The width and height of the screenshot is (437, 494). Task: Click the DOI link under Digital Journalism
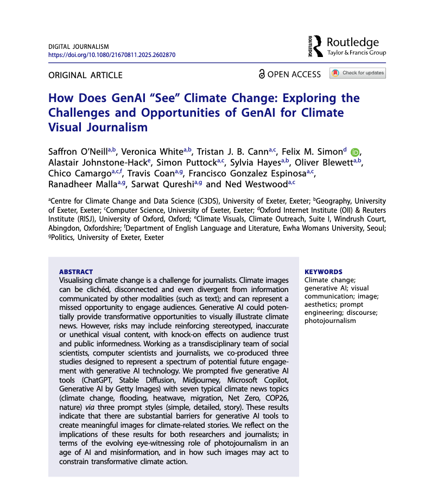[112, 55]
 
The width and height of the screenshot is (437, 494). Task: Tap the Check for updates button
[358, 73]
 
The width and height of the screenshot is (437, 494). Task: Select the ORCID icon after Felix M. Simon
[355, 151]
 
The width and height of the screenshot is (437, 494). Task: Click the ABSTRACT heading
[75, 272]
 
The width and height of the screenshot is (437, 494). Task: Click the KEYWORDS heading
[324, 272]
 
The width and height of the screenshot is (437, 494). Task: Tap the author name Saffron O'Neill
[78, 151]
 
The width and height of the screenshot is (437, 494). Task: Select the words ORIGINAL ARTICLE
[85, 75]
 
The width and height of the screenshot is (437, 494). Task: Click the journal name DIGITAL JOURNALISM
[79, 47]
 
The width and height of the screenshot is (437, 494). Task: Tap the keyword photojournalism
[330, 321]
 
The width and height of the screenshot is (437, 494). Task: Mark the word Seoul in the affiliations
[375, 229]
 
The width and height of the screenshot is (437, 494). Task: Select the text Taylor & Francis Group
[357, 53]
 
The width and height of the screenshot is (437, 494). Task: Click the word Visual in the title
[67, 128]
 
